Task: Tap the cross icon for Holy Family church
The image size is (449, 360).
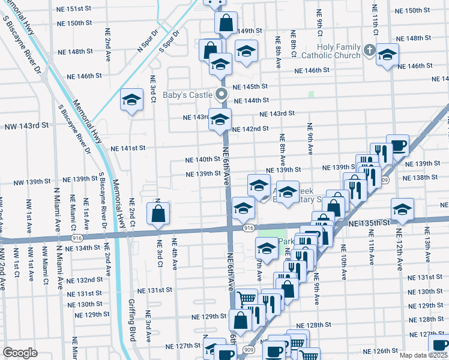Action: [x=370, y=50]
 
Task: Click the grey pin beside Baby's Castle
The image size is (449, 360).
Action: [x=221, y=94]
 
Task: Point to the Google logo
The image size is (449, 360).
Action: [x=20, y=353]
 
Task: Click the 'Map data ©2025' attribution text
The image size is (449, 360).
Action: [x=424, y=355]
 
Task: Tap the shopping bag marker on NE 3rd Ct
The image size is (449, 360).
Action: [x=158, y=214]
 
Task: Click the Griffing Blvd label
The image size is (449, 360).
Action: [x=133, y=319]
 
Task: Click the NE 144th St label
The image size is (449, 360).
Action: [x=252, y=101]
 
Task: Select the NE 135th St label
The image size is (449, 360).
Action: [x=366, y=223]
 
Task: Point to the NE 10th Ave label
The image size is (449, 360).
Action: [x=344, y=262]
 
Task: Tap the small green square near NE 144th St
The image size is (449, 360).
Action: [x=311, y=94]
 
